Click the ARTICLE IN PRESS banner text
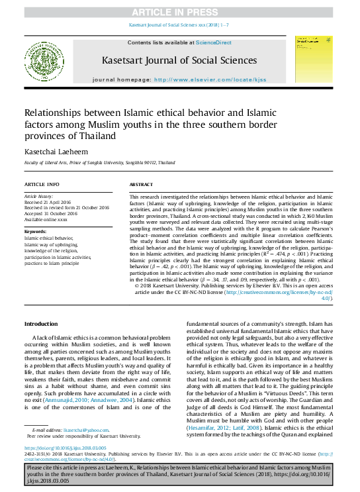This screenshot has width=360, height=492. pos(179,13)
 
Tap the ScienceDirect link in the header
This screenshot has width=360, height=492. pos(216,42)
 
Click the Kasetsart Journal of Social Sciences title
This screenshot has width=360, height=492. pos(179,61)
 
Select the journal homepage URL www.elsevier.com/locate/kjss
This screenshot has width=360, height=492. pos(210,79)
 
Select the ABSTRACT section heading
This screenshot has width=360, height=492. pos(141,183)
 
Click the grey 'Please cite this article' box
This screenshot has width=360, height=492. pos(179,474)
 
